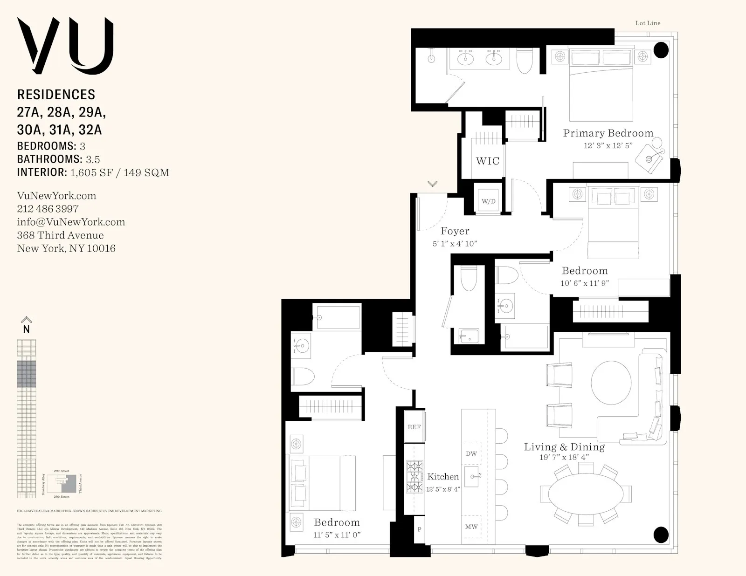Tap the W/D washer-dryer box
(x=488, y=201)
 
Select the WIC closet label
(x=487, y=161)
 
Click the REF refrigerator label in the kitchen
(x=414, y=427)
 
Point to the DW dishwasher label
(x=471, y=453)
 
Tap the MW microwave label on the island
(x=471, y=527)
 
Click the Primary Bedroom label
(x=608, y=133)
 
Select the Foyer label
(x=455, y=231)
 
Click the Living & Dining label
(x=564, y=447)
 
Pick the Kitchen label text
(x=443, y=476)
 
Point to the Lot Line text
(x=648, y=23)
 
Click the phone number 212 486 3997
(x=48, y=209)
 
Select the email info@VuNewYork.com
(x=71, y=222)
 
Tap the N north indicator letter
(x=27, y=329)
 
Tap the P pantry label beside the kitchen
(x=419, y=529)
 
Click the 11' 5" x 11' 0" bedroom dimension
(x=337, y=535)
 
